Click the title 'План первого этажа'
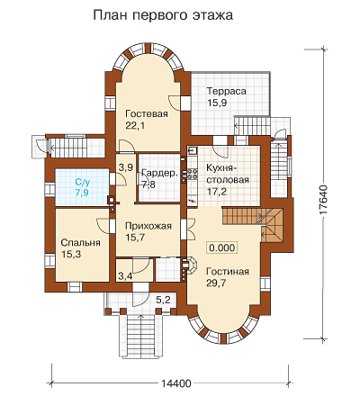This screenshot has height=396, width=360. pos(163,15)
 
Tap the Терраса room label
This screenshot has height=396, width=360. pos(227,91)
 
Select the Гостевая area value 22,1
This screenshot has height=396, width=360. pos(135,125)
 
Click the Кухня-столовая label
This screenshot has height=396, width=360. pos(228,174)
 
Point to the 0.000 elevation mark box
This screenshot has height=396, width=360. pos(222,247)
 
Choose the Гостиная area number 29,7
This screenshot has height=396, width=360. pos(216,283)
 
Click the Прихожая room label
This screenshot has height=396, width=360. pos(148,226)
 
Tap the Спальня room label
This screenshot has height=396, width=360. pos(80,242)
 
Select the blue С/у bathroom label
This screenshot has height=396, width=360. pos(82,182)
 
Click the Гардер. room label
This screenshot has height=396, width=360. pos(160,173)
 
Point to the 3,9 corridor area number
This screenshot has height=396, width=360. pos(126,167)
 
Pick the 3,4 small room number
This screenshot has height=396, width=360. pos(125,275)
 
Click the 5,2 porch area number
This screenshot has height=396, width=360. pos(163,300)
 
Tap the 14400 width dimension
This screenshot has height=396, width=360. pos(176,383)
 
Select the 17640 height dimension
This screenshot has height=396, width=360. pos(323,200)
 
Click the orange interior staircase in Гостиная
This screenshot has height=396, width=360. pos(253,221)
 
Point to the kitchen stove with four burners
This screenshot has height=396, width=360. pos(192,175)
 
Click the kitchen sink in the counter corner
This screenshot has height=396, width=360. pos(192,150)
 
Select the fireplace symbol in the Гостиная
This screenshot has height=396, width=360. pos(190,266)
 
